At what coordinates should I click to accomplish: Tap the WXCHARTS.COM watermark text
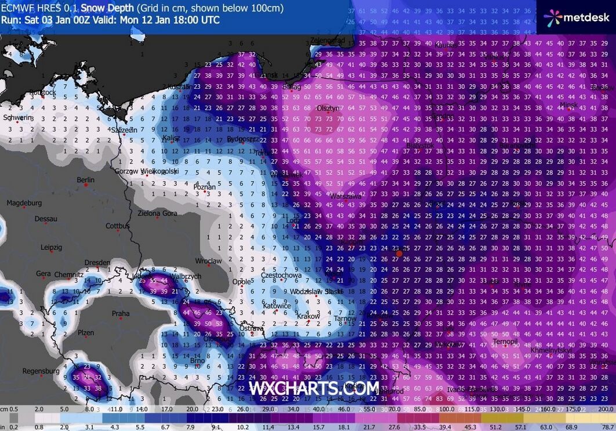314,388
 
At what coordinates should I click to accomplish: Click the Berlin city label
85,180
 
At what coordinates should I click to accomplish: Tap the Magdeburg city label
24,203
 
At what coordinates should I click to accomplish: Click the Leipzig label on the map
52,247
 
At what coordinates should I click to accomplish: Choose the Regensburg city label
41,371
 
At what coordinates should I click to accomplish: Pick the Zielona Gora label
157,213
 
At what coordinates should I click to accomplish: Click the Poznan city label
204,187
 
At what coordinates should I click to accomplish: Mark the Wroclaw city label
208,261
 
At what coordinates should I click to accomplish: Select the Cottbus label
118,226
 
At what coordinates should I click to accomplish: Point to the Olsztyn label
328,108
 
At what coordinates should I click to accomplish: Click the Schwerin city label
17,118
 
